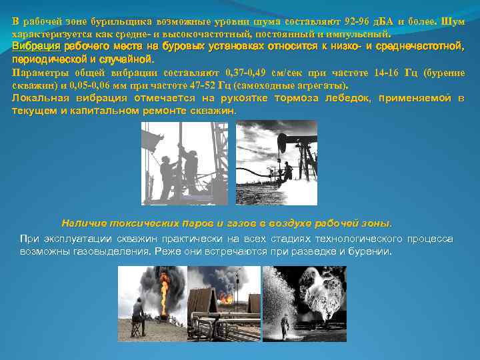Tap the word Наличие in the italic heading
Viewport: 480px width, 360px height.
pos(83,223)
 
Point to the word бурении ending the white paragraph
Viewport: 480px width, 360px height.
pos(371,252)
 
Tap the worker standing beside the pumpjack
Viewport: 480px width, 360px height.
pos(287,172)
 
